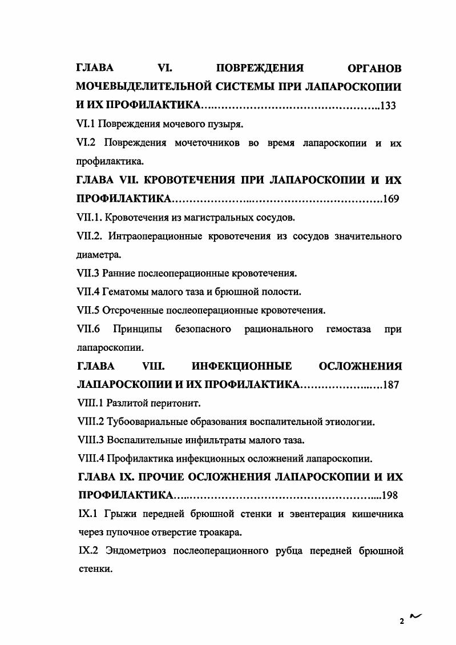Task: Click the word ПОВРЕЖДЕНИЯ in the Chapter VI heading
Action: coord(260,69)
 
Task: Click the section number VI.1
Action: coord(87,125)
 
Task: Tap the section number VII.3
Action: coord(89,274)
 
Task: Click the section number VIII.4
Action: coord(90,459)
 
